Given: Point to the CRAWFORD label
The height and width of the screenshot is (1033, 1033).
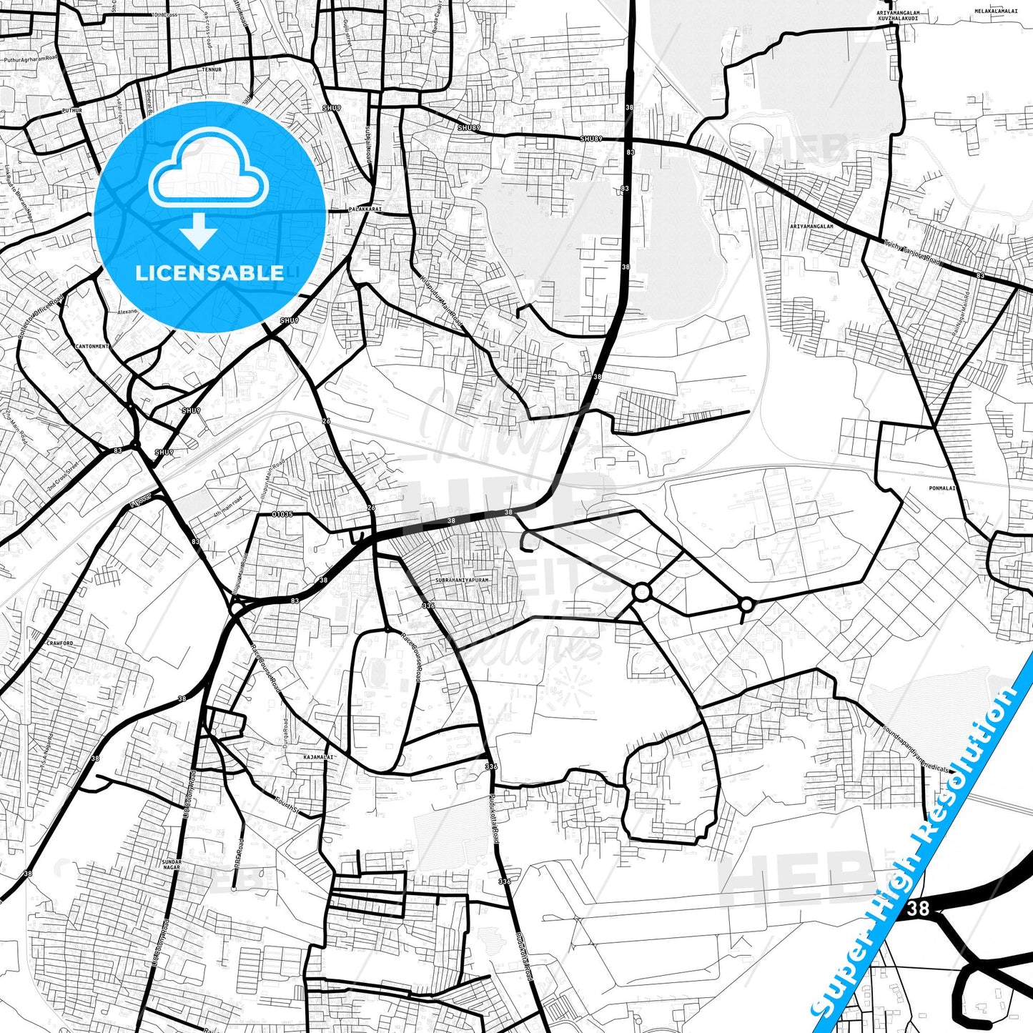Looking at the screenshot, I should [59, 643].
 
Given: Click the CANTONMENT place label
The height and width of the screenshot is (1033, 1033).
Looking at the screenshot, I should [92, 346].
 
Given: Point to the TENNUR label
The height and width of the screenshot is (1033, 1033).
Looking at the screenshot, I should [211, 70].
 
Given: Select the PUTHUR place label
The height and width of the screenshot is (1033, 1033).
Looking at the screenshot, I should [72, 111].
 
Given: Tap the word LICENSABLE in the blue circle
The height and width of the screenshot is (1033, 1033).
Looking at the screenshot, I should [209, 272].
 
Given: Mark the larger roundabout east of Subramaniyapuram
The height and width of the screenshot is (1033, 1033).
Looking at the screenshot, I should [641, 592].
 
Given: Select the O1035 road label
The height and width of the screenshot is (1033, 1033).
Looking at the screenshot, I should [283, 514].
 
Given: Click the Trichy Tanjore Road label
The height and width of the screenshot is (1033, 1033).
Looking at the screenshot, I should [912, 252].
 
